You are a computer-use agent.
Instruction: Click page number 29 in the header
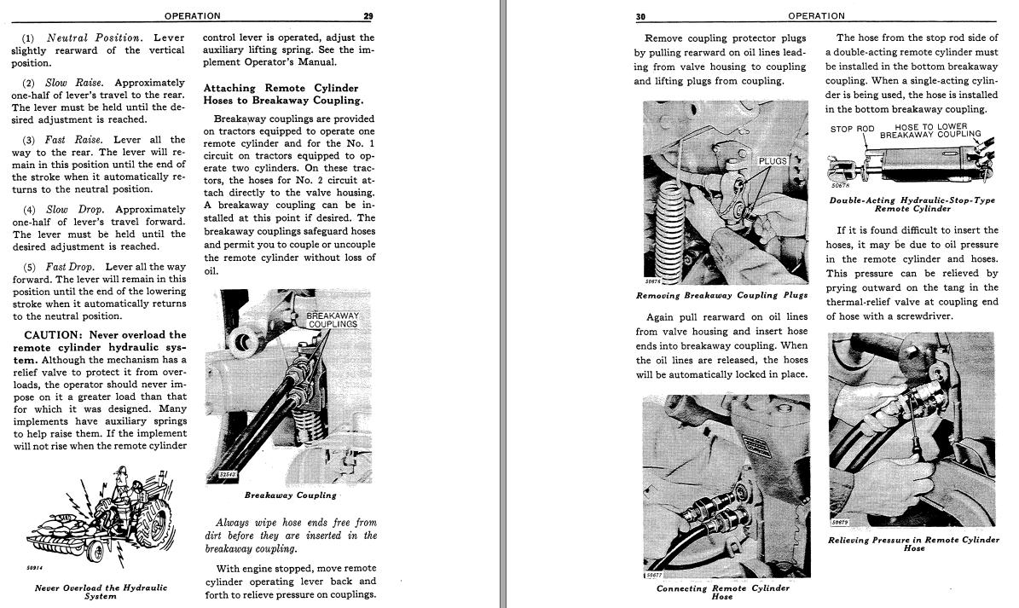[368, 15]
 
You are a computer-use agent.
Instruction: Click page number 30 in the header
[641, 15]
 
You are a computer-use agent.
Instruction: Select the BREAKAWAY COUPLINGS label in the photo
[333, 320]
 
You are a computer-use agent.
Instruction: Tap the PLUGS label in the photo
[772, 160]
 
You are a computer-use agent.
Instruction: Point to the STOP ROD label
[852, 130]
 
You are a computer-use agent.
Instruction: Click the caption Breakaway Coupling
[290, 495]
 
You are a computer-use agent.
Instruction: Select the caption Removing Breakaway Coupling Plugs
[721, 295]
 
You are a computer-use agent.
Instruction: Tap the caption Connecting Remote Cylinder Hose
[722, 592]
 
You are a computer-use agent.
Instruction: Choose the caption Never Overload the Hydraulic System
[101, 592]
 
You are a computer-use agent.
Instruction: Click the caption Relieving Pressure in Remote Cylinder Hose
[913, 544]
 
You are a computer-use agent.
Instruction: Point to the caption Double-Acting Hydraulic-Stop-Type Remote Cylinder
[912, 205]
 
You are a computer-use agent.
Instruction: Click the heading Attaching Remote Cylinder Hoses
[281, 94]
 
